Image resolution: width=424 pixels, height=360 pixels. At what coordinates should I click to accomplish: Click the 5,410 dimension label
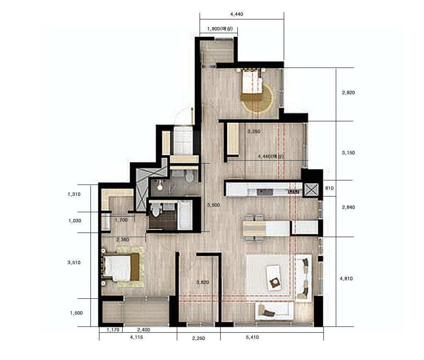[252, 337]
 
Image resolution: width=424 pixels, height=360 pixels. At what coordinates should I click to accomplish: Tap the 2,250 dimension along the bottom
[198, 338]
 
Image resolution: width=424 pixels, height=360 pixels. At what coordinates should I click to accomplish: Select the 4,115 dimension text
[136, 337]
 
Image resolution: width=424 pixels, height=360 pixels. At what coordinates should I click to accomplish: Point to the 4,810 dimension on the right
[346, 278]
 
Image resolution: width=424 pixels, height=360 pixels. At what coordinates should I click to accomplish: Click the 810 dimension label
[329, 188]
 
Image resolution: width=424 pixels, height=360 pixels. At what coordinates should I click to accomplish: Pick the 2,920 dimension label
[348, 92]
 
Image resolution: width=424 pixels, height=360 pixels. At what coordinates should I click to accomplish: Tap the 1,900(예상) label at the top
[220, 29]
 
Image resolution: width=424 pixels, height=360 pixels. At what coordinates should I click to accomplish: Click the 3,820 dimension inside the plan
[202, 282]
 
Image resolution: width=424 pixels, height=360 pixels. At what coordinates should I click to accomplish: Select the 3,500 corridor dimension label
[213, 205]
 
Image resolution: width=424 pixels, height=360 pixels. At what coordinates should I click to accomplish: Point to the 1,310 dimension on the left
[74, 194]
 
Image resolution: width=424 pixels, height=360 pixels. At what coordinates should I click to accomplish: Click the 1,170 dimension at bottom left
[113, 329]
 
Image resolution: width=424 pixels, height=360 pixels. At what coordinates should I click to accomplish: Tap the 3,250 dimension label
[254, 131]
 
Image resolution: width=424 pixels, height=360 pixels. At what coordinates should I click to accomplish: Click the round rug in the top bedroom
[257, 97]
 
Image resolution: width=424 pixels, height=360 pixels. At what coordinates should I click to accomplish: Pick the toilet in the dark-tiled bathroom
[156, 210]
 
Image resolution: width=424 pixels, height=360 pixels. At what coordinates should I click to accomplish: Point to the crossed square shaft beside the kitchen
[311, 190]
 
